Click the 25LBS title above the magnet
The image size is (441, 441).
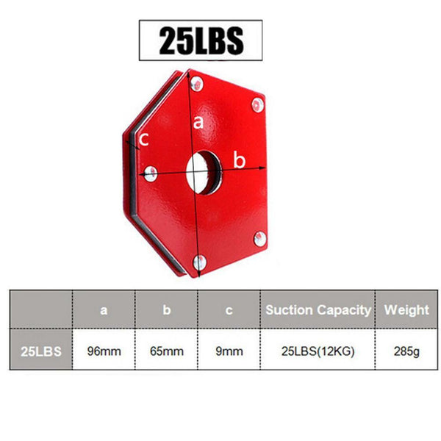(200, 40)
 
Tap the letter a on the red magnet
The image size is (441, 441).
(197, 123)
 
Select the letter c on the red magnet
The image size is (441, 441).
(145, 138)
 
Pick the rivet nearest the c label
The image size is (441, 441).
(150, 173)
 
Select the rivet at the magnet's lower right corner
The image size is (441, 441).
(258, 237)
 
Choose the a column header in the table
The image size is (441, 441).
(104, 310)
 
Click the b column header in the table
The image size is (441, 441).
(166, 310)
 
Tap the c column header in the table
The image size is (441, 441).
(229, 310)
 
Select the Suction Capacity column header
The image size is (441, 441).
(318, 310)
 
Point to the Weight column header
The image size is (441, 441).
(406, 310)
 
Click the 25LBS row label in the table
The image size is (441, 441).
(41, 351)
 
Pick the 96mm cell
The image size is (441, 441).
(104, 351)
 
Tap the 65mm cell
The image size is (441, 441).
(166, 351)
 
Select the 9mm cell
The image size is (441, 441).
(229, 351)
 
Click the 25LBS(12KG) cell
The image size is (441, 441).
(318, 351)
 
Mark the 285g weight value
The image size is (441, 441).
(406, 351)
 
